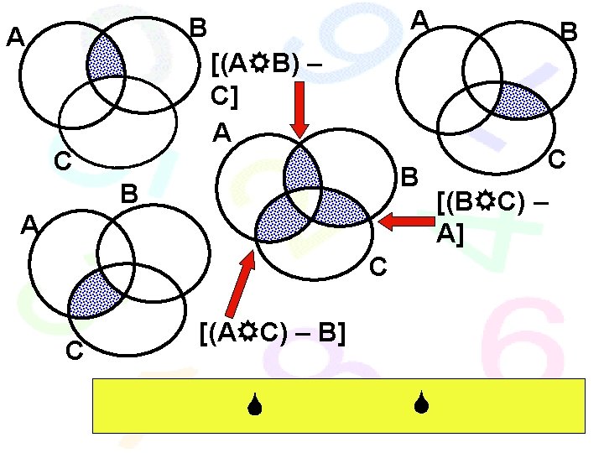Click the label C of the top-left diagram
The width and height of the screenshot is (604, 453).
(61, 161)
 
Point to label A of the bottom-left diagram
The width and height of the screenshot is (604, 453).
(30, 225)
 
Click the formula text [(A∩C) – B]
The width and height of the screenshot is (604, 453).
(273, 334)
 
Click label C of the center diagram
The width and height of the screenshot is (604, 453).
(377, 267)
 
